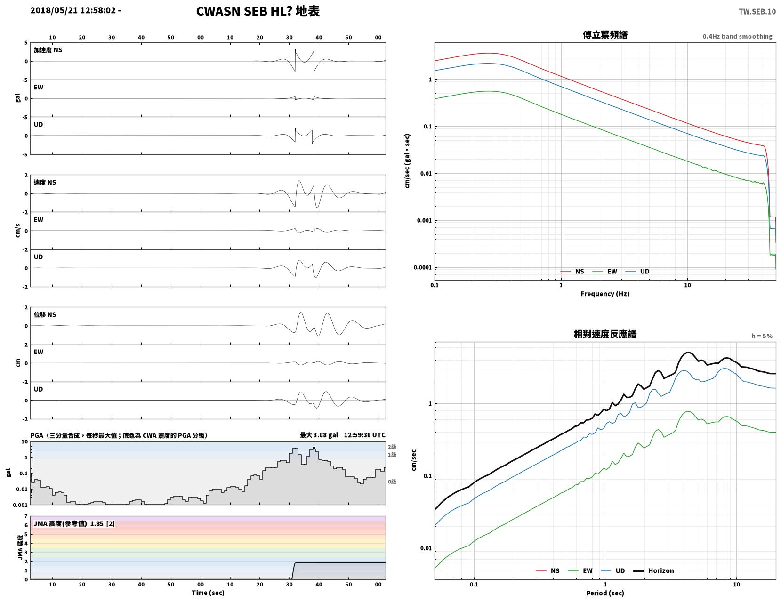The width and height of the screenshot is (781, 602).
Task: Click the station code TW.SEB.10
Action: pyautogui.click(x=757, y=11)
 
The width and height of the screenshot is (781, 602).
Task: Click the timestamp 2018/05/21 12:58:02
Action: pyautogui.click(x=73, y=10)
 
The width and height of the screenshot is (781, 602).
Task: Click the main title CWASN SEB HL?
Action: pyautogui.click(x=244, y=11)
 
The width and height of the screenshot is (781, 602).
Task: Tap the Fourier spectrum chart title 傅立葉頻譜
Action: pyautogui.click(x=605, y=35)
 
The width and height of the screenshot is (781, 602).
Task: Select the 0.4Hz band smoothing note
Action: pyautogui.click(x=737, y=36)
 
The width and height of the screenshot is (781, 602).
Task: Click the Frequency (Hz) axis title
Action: pyautogui.click(x=605, y=294)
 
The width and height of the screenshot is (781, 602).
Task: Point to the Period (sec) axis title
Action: pyautogui.click(x=605, y=593)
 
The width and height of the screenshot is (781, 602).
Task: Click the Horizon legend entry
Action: pyautogui.click(x=653, y=571)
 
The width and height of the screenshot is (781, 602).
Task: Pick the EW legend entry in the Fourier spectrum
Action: pyautogui.click(x=604, y=272)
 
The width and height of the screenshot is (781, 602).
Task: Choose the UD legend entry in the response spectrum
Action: pyautogui.click(x=613, y=571)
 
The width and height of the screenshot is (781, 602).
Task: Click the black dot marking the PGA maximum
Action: pyautogui.click(x=314, y=448)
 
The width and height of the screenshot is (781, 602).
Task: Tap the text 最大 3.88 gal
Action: pyautogui.click(x=319, y=435)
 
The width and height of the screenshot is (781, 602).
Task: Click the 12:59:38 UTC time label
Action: pyautogui.click(x=364, y=435)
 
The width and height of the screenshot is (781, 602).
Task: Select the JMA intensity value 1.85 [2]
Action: pyautogui.click(x=103, y=524)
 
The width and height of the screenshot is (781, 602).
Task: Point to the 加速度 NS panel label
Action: pyautogui.click(x=48, y=50)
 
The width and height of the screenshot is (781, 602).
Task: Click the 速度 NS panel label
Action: pyautogui.click(x=45, y=183)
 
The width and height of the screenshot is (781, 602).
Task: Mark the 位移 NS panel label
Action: pyautogui.click(x=45, y=314)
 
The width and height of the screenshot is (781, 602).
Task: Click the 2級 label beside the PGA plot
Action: pyautogui.click(x=392, y=447)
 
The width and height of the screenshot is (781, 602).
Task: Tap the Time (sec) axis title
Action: pyautogui.click(x=208, y=593)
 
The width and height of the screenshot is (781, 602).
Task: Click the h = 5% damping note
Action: pyautogui.click(x=762, y=336)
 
